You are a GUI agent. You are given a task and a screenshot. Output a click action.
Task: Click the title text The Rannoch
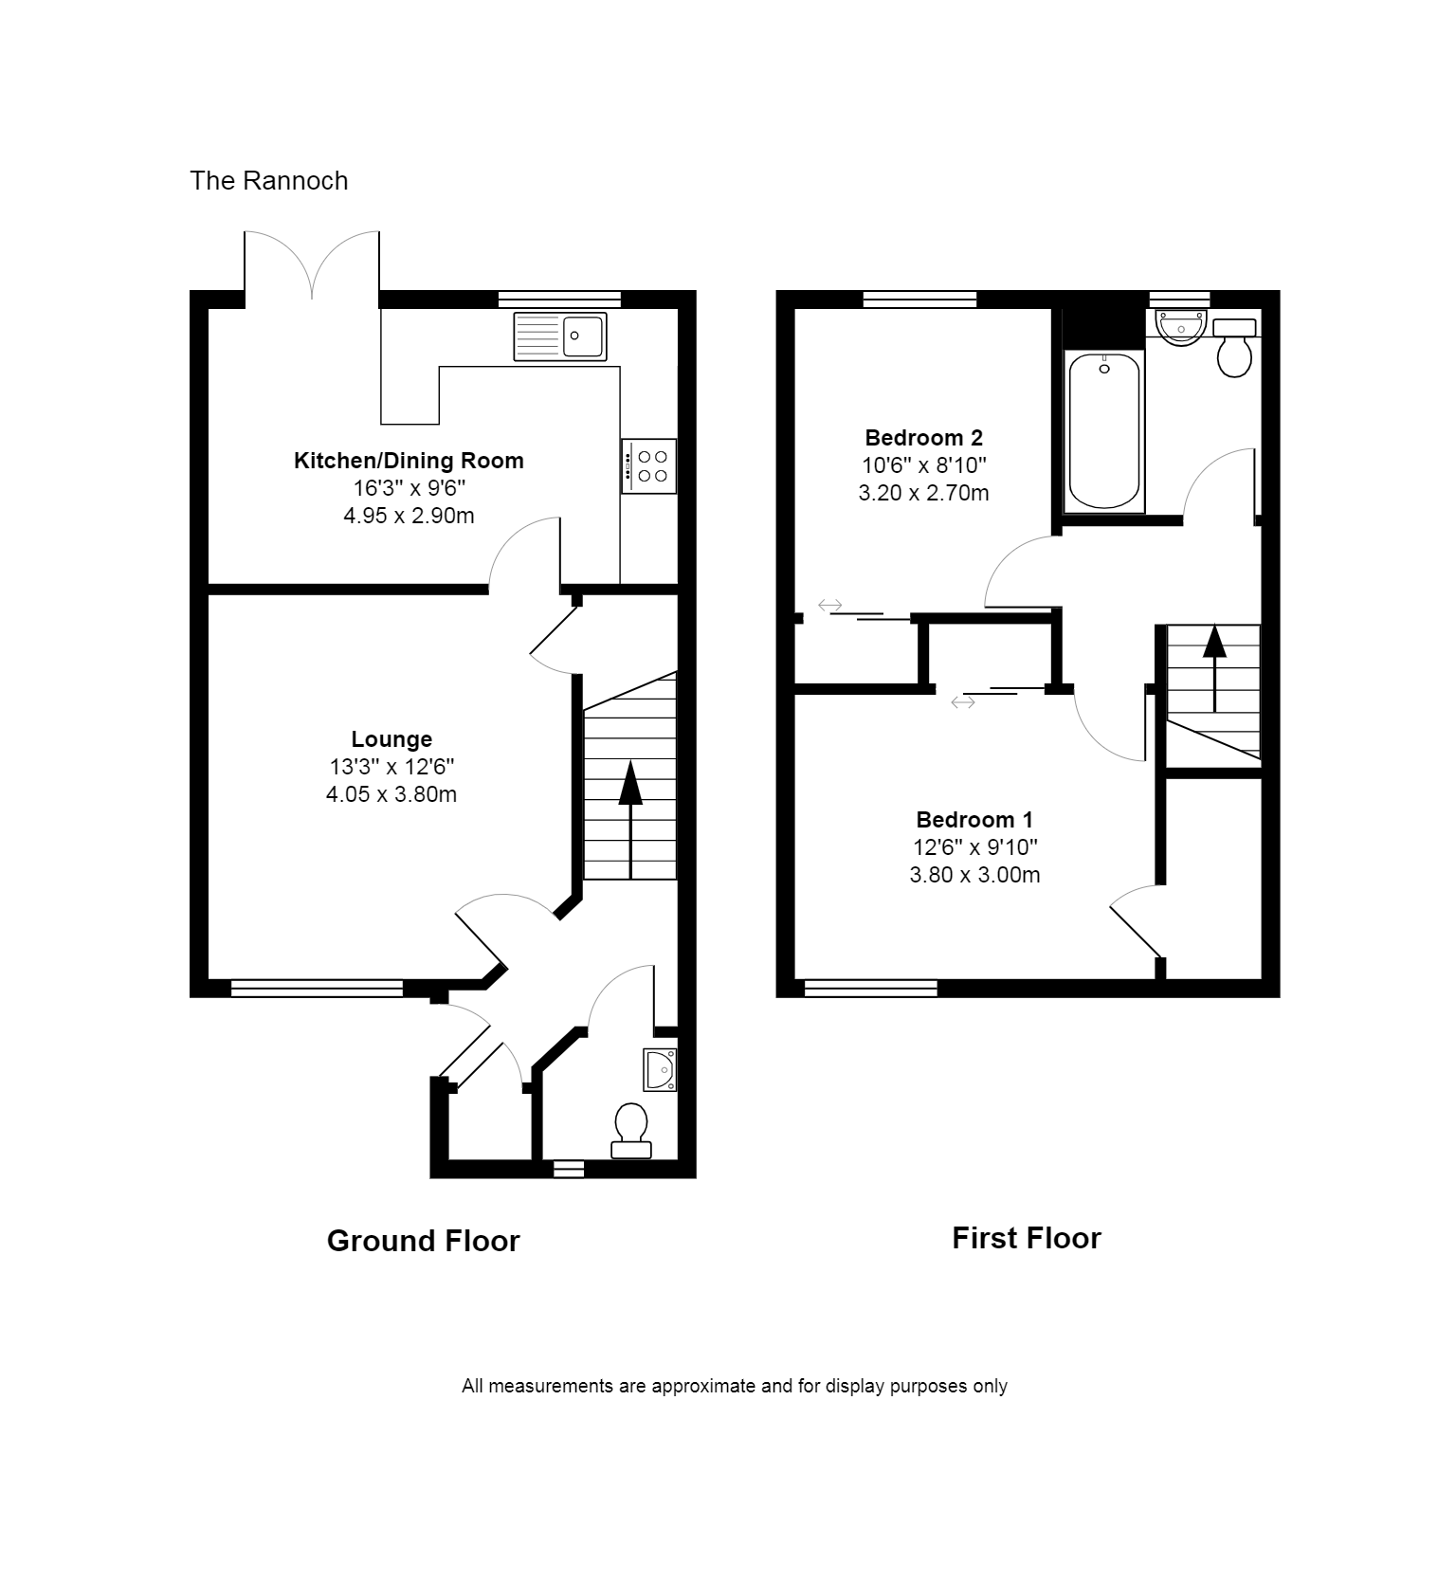(x=269, y=181)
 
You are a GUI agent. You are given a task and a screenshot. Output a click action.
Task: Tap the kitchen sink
(x=560, y=336)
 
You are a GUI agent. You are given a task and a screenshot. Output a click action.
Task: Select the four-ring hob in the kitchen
(x=649, y=466)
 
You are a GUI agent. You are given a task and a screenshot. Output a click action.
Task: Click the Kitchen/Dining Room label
(x=409, y=461)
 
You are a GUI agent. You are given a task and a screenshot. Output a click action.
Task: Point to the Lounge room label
(x=391, y=739)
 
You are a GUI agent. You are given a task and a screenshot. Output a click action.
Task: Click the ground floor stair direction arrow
(x=630, y=819)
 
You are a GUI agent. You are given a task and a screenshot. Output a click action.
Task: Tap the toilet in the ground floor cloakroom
(x=631, y=1131)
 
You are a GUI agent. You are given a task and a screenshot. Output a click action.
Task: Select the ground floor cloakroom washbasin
(x=660, y=1070)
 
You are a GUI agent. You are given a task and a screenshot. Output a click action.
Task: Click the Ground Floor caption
(x=424, y=1241)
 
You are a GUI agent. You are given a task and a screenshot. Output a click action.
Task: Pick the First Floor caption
(x=1027, y=1238)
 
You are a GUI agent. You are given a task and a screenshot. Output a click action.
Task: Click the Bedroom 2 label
(x=924, y=438)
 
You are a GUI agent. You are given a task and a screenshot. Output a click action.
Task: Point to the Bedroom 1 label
(x=974, y=820)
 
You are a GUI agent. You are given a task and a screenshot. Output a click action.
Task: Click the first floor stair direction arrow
(x=1214, y=668)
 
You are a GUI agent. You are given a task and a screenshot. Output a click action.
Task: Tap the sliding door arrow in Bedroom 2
(x=830, y=605)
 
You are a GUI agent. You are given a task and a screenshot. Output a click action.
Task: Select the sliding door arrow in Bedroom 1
(x=963, y=702)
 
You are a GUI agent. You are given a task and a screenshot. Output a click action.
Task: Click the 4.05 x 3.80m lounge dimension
(x=391, y=794)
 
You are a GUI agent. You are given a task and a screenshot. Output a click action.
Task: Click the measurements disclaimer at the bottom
(x=735, y=1386)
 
